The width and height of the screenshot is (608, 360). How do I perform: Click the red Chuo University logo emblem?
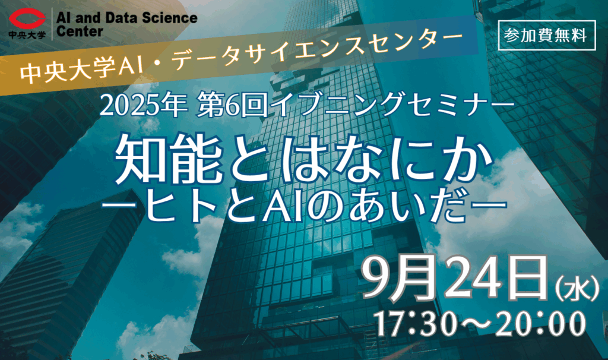click(27, 20)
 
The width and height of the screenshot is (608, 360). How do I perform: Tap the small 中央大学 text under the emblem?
click(27, 35)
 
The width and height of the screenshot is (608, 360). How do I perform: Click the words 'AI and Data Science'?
click(127, 17)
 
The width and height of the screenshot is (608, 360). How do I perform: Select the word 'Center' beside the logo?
click(80, 31)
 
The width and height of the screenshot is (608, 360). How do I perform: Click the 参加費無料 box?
click(547, 36)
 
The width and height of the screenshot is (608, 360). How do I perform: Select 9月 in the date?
click(400, 278)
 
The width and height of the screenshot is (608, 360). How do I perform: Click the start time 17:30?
click(415, 324)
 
